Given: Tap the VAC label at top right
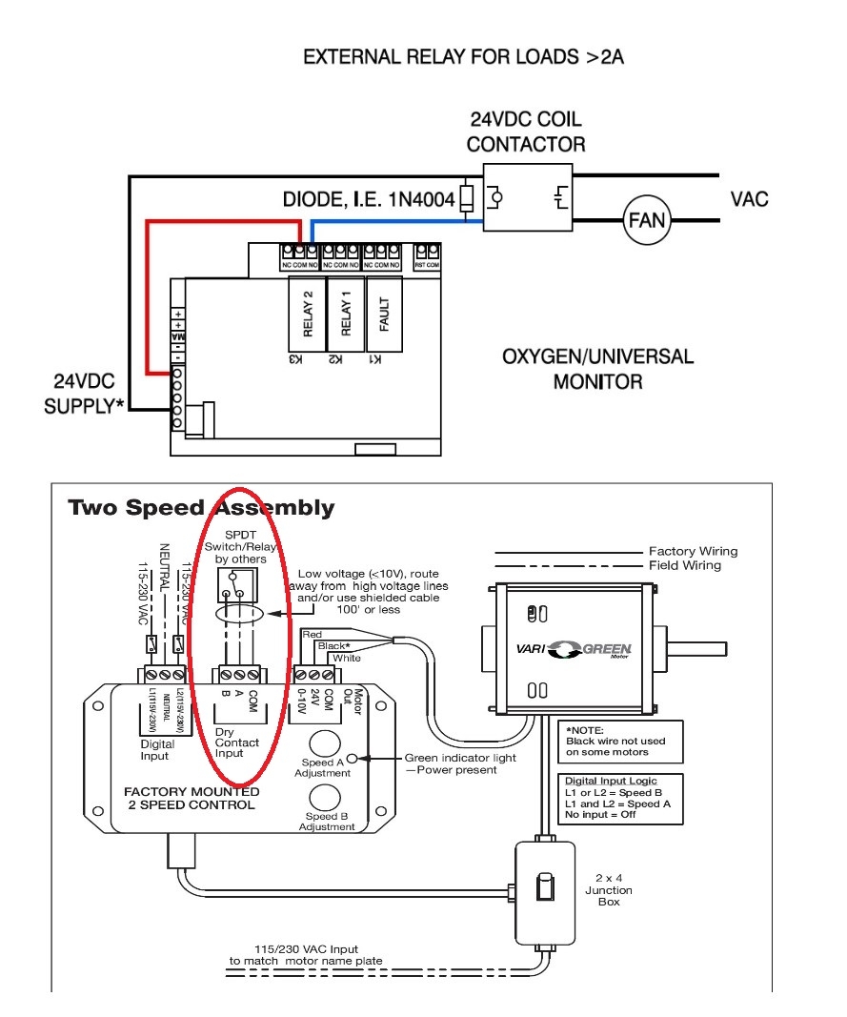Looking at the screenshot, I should (749, 199).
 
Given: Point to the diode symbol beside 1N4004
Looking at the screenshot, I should (466, 198).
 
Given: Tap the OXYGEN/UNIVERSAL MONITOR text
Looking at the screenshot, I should (597, 370).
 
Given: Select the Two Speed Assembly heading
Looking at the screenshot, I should (201, 508).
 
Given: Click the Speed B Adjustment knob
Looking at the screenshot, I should (327, 797).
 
